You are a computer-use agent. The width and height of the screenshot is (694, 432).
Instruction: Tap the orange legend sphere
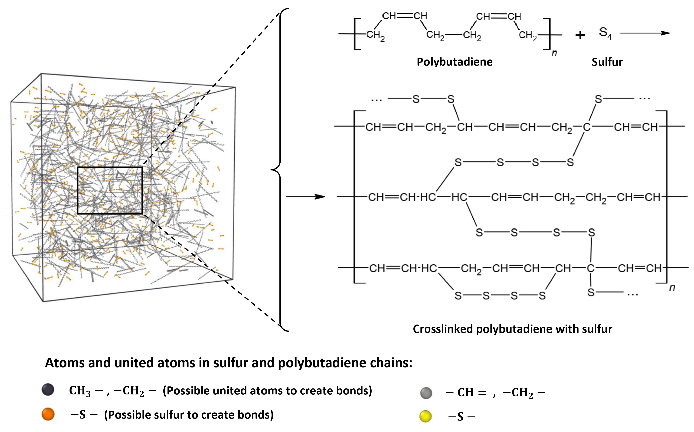tap(48, 414)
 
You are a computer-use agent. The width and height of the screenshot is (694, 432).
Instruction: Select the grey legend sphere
tap(426, 393)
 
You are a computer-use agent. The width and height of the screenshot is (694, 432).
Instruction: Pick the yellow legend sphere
tap(425, 416)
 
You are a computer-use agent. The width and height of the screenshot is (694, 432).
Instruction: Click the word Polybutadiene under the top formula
tap(454, 62)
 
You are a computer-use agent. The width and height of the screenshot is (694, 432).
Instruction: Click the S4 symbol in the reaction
tap(605, 33)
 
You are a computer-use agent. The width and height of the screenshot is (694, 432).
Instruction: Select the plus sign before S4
tap(580, 35)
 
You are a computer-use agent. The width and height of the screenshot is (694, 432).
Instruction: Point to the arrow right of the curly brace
tap(306, 197)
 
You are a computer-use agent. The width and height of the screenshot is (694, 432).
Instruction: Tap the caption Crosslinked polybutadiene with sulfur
tap(512, 329)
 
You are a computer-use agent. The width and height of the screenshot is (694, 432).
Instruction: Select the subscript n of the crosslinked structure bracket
tap(672, 287)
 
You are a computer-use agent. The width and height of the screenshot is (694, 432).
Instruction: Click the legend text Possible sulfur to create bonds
tap(189, 415)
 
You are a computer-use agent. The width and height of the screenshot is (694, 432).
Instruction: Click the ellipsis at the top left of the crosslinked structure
tap(376, 100)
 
